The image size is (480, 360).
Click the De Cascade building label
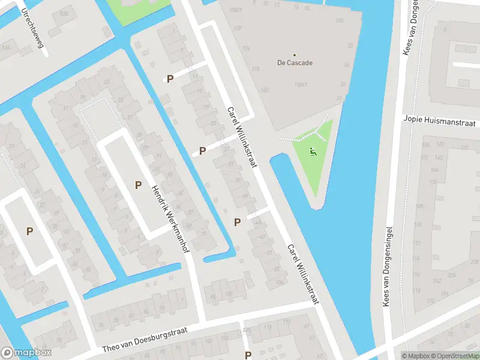click(295, 62)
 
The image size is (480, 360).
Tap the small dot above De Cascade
click(295, 55)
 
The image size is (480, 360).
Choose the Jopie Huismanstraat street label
click(439, 122)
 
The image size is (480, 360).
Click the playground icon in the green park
click(311, 152)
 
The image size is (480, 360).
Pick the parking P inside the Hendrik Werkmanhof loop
click(138, 185)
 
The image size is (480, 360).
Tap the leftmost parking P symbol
click(29, 231)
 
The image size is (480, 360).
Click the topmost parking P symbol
click(170, 79)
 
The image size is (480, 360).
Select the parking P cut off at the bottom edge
click(248, 355)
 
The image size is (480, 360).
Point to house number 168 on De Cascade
click(340, 20)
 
